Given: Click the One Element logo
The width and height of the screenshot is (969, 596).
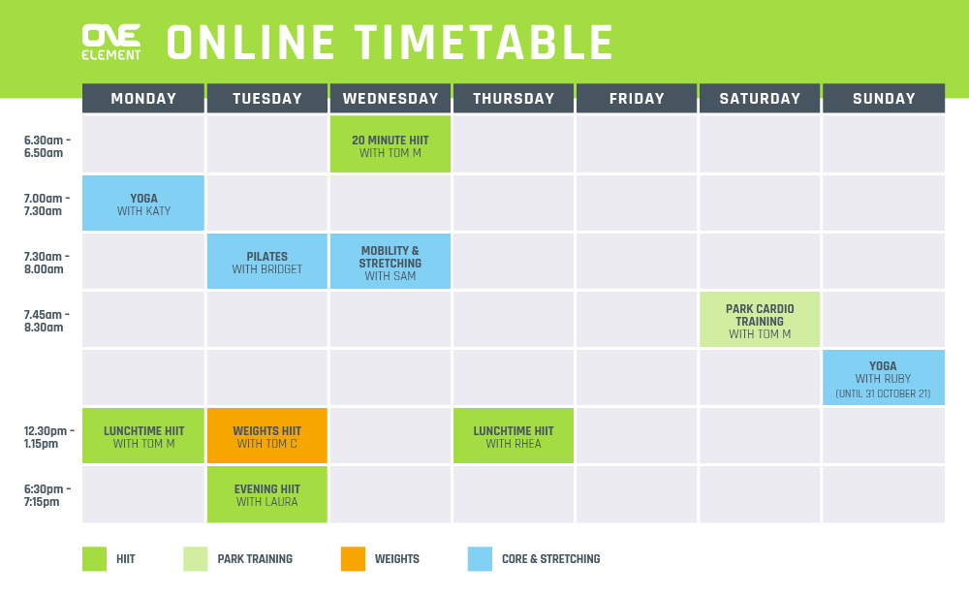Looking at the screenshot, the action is click(x=111, y=42).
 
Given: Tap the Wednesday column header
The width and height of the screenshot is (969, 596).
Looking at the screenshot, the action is click(x=390, y=98).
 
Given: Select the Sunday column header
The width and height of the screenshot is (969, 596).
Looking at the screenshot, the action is click(x=884, y=98).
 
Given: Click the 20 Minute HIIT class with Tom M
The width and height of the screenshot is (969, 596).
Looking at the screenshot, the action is click(x=390, y=144).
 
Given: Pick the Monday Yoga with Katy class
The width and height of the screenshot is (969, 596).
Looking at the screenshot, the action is click(x=143, y=203).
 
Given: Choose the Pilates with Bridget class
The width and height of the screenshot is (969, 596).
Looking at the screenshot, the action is click(x=267, y=261).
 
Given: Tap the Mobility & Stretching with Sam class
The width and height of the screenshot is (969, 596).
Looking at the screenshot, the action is click(x=390, y=261).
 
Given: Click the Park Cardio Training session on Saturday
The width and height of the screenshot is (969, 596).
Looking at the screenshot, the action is click(x=760, y=319).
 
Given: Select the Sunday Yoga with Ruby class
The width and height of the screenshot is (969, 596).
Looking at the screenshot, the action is click(x=884, y=377).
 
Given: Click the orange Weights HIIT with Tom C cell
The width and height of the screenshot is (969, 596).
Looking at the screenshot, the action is click(x=267, y=435).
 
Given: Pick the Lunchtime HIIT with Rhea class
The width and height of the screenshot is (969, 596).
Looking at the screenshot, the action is click(x=514, y=435).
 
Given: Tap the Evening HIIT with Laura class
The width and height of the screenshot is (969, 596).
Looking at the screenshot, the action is click(x=267, y=494).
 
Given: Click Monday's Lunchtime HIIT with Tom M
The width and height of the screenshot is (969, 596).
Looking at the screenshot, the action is click(x=143, y=435).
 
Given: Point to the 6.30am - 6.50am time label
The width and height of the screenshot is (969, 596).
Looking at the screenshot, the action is click(x=47, y=146).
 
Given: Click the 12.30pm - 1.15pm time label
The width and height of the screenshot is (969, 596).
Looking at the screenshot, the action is click(x=48, y=437).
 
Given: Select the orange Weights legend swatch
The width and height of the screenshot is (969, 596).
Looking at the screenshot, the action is click(x=353, y=559).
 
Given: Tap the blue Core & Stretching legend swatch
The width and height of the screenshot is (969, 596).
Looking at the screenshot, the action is click(x=481, y=559).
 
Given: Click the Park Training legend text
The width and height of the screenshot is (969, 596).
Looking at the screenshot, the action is click(x=255, y=559).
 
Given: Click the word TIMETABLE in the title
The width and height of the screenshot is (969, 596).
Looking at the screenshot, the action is click(x=484, y=42).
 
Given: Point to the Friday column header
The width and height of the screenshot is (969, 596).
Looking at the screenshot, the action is click(x=637, y=98).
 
